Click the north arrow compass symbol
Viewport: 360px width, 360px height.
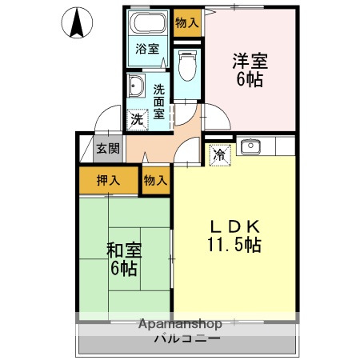77,23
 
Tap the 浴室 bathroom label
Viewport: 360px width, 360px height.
146,49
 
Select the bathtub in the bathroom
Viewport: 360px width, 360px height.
146,23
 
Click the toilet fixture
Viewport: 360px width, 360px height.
188,66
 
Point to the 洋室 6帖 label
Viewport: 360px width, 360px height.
250,70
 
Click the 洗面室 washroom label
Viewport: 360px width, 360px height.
159,102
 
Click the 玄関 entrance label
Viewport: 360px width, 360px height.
109,148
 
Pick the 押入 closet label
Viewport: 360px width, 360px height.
109,180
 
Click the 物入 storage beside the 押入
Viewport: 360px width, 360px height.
156,180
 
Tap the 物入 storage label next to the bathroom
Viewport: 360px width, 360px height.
187,22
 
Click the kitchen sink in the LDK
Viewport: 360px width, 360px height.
251,146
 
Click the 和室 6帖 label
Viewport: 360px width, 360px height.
124,258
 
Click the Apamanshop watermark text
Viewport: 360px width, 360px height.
180,324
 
